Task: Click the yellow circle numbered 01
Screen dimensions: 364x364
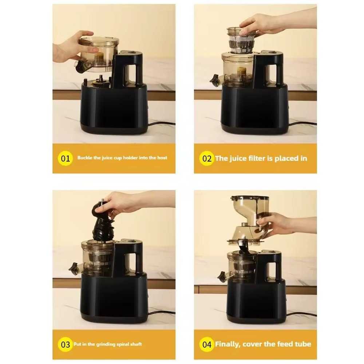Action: click(65, 159)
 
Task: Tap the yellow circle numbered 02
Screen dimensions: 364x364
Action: click(206, 159)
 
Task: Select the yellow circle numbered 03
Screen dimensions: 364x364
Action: click(65, 344)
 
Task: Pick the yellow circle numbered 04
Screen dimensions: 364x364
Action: click(206, 344)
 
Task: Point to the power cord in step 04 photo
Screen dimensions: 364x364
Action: click(301, 314)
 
